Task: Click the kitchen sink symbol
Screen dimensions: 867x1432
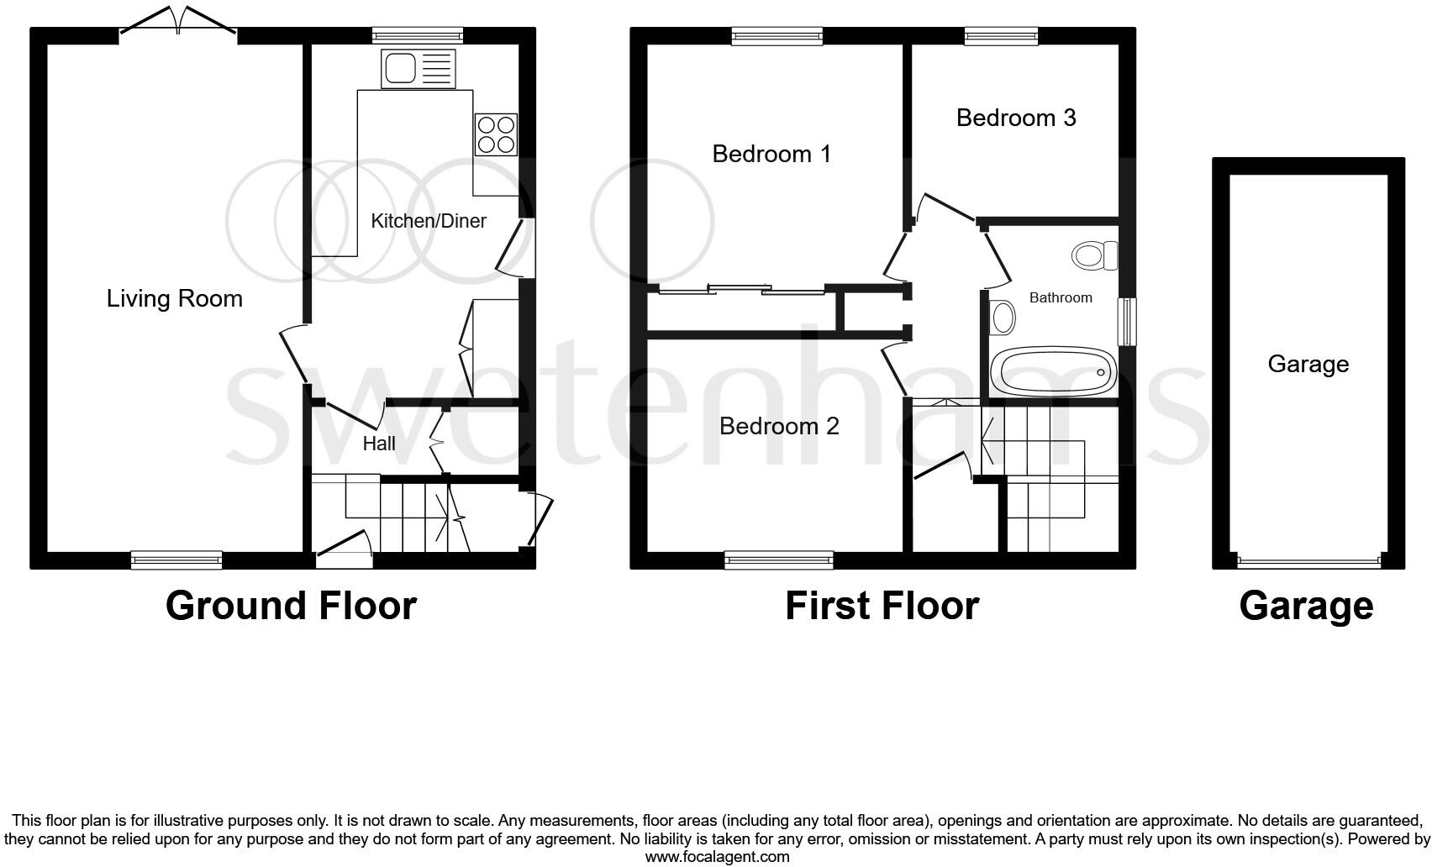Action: pyautogui.click(x=418, y=68)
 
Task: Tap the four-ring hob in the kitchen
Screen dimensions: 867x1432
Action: pyautogui.click(x=496, y=134)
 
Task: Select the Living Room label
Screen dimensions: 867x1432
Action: pyautogui.click(x=175, y=298)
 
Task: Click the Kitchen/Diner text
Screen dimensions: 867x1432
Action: pyautogui.click(x=429, y=221)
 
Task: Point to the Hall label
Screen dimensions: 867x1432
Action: pyautogui.click(x=379, y=444)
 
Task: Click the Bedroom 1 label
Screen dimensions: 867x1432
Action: pyautogui.click(x=771, y=154)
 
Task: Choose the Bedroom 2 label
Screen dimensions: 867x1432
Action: pyautogui.click(x=779, y=426)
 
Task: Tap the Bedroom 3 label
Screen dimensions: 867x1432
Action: pyautogui.click(x=1016, y=118)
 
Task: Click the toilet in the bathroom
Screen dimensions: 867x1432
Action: pyautogui.click(x=1095, y=255)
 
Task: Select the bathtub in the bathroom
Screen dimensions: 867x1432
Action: pyautogui.click(x=1054, y=371)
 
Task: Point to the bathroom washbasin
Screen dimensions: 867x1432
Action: pyautogui.click(x=1003, y=318)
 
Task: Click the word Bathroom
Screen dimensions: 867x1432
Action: pyautogui.click(x=1061, y=297)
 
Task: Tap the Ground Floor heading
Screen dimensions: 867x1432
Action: pyautogui.click(x=291, y=606)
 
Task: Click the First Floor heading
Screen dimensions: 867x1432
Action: pyautogui.click(x=882, y=606)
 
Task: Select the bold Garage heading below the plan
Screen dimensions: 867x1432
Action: pyautogui.click(x=1306, y=606)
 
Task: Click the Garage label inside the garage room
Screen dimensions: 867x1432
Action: pyautogui.click(x=1308, y=364)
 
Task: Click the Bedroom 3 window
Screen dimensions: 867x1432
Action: pyautogui.click(x=1001, y=35)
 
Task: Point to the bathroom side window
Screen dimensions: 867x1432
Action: pyautogui.click(x=1126, y=321)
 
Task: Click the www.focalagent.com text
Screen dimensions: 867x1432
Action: pyautogui.click(x=717, y=857)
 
